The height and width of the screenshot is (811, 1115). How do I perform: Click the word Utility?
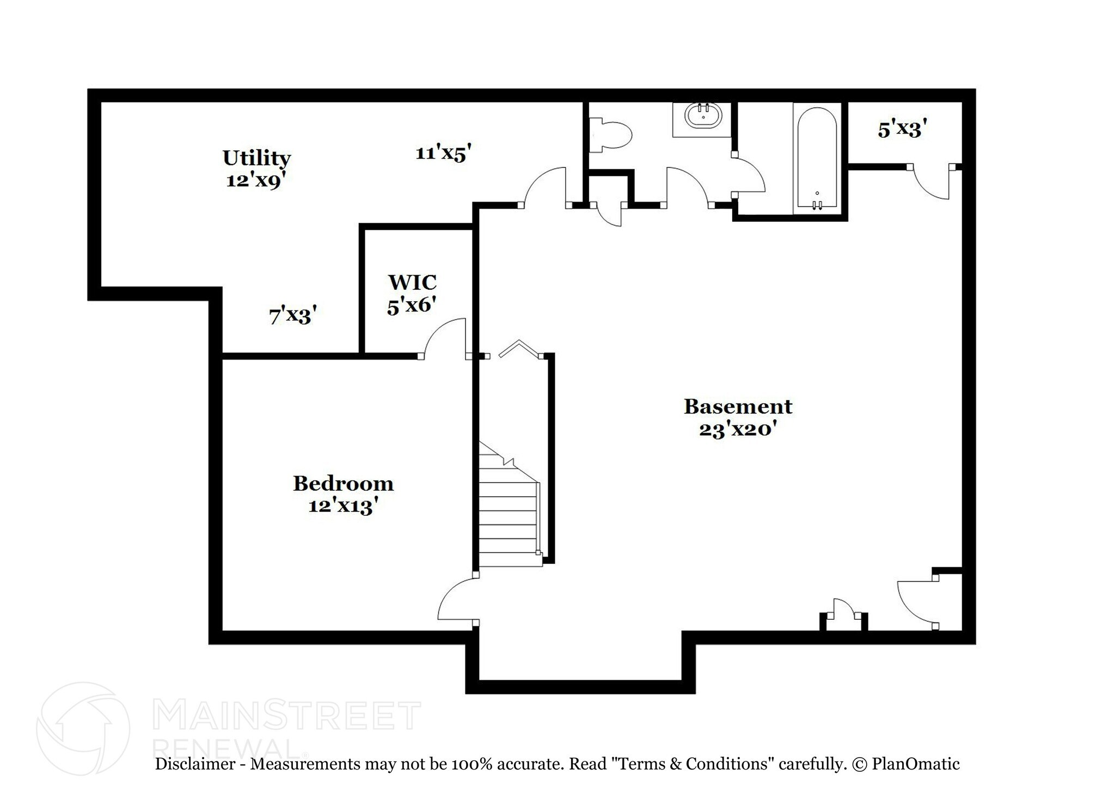pos(256,158)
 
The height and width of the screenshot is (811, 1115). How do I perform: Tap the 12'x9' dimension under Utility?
pos(256,180)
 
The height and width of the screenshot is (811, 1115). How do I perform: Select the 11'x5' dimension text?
pos(443,153)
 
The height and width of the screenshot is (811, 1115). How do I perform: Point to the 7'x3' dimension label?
pos(293,315)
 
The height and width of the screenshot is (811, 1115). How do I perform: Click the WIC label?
pos(412,282)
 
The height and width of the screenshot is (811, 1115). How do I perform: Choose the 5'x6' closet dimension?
pos(412,305)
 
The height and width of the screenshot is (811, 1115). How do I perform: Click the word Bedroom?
pos(343,483)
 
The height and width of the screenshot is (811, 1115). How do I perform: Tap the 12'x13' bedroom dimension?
pos(343,506)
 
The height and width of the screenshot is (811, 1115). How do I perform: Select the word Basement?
pos(738,406)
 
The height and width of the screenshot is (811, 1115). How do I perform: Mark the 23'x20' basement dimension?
pos(737,429)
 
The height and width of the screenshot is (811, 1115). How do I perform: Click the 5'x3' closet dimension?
pos(902,130)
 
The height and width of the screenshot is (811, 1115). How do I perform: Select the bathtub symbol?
pos(817,158)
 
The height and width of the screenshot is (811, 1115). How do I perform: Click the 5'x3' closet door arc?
pos(930,185)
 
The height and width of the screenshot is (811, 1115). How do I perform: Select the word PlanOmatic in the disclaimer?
pos(916,764)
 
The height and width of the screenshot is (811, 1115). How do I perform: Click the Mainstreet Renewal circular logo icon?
pos(83,728)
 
